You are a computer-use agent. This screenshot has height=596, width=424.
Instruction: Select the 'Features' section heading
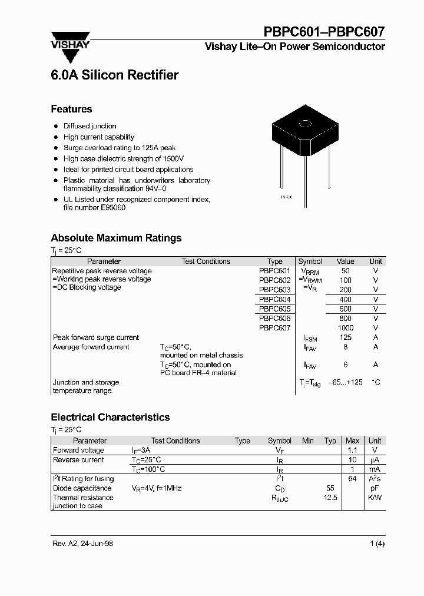[x=71, y=109]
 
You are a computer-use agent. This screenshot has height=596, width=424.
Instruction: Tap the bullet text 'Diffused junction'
[x=90, y=126]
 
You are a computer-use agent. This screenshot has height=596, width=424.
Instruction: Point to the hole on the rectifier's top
[x=306, y=124]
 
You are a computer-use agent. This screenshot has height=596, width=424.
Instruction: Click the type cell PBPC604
[x=274, y=299]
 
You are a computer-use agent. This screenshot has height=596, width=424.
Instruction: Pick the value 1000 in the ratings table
[x=345, y=328]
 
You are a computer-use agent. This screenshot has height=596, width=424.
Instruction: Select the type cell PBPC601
[x=274, y=271]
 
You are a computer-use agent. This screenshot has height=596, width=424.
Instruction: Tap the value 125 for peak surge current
[x=345, y=337]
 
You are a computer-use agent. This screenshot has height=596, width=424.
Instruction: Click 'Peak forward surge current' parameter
[x=96, y=337]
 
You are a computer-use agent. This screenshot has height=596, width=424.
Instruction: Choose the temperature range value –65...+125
[x=345, y=382]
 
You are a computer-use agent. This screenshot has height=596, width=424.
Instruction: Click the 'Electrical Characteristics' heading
[x=110, y=417]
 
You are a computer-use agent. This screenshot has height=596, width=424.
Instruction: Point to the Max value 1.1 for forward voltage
[x=352, y=451]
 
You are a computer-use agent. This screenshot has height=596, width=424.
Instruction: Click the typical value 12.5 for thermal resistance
[x=330, y=498]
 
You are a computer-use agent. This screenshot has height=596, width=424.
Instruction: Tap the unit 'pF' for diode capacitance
[x=375, y=488]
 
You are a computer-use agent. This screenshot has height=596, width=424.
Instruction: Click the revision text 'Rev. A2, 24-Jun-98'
[x=82, y=544]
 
